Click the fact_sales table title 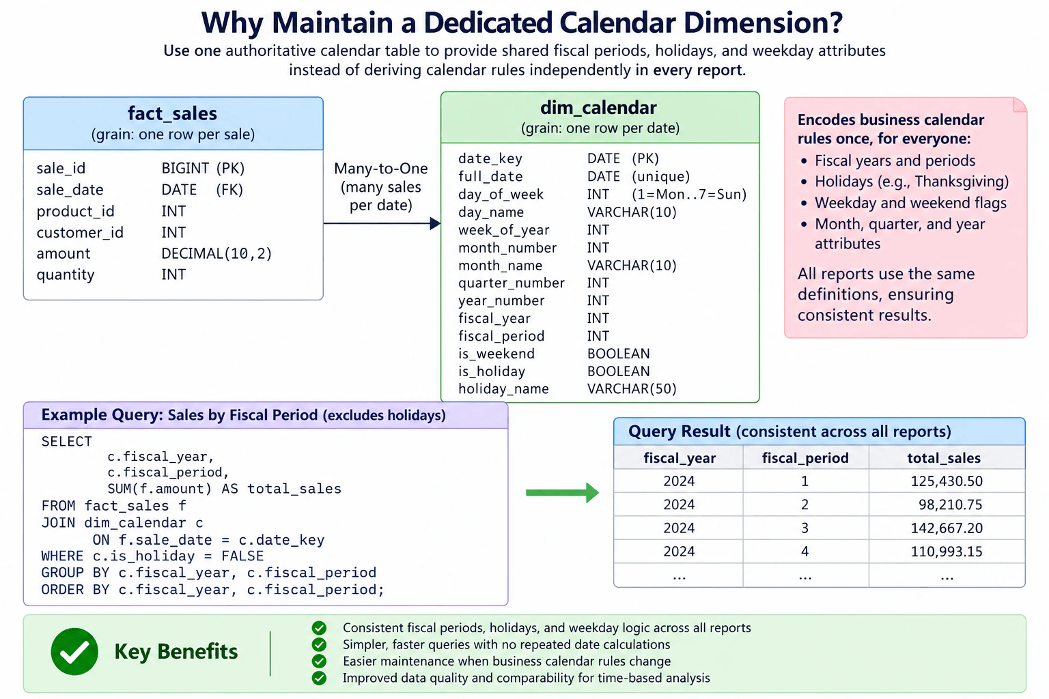[x=172, y=114]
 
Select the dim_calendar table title [x=598, y=108]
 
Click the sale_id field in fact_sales [x=61, y=168]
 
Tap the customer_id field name [x=80, y=232]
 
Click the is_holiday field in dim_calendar [x=492, y=371]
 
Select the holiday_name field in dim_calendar [x=503, y=388]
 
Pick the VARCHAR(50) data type [x=632, y=388]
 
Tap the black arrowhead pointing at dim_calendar [x=435, y=223]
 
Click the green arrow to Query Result [x=563, y=493]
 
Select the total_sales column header [x=944, y=458]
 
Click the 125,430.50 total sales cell [x=947, y=481]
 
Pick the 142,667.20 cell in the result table [x=947, y=528]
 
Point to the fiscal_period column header [x=805, y=458]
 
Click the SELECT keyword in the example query [x=66, y=442]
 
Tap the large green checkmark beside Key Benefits [x=74, y=651]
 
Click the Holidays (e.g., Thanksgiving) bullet [x=911, y=182]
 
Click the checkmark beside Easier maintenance [x=320, y=661]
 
